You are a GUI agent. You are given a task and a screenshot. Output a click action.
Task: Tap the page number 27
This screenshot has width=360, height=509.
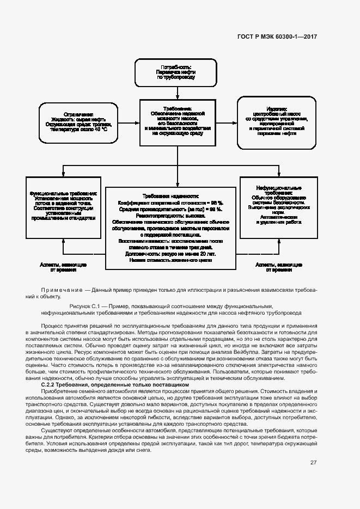(314, 462)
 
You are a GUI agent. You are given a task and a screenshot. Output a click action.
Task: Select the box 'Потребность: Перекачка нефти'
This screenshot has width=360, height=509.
(175, 72)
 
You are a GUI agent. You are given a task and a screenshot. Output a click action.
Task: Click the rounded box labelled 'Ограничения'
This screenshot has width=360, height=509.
(78, 124)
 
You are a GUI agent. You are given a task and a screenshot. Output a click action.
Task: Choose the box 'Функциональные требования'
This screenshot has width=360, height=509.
(64, 206)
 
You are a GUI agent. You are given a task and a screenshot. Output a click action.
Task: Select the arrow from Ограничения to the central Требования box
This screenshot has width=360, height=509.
(129, 123)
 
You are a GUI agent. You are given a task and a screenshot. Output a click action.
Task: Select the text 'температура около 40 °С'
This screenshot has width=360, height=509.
(79, 130)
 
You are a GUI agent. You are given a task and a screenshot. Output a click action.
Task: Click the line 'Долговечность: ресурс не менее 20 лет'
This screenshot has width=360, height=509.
(170, 254)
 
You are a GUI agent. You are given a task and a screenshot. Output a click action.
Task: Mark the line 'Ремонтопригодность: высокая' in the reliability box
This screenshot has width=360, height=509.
(170, 216)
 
